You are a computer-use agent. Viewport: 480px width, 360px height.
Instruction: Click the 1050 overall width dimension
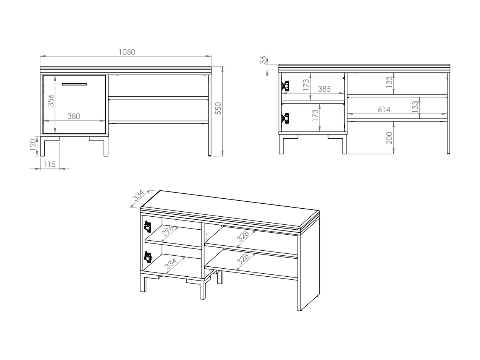127,52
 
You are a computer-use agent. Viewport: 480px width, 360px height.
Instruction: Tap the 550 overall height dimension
218,108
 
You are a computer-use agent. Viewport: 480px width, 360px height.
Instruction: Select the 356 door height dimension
51,101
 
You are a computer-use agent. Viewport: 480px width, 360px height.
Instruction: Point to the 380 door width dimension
74,117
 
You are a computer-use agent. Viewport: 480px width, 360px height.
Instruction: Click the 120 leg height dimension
32,145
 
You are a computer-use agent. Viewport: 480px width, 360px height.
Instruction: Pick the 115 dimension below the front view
49,164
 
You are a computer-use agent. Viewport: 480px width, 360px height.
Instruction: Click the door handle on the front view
74,84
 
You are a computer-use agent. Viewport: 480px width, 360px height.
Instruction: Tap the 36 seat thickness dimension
263,60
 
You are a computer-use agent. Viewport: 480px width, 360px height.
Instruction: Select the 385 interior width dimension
324,89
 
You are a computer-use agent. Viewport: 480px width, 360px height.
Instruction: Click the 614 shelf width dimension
384,109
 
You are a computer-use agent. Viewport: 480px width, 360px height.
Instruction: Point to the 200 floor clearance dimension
389,138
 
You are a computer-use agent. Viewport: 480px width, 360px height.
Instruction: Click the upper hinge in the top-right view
285,86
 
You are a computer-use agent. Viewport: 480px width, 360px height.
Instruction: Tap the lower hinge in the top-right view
285,118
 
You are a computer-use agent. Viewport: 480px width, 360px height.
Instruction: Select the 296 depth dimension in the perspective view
167,231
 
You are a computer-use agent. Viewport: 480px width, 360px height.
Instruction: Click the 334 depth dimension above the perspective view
138,195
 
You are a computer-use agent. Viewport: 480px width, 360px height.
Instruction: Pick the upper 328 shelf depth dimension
243,236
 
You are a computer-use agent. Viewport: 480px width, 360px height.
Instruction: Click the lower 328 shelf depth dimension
243,259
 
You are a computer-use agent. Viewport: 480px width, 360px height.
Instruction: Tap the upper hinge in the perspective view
148,227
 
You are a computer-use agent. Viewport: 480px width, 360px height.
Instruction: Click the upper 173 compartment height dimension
306,85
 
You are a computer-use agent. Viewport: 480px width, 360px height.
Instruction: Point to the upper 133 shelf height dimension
389,82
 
